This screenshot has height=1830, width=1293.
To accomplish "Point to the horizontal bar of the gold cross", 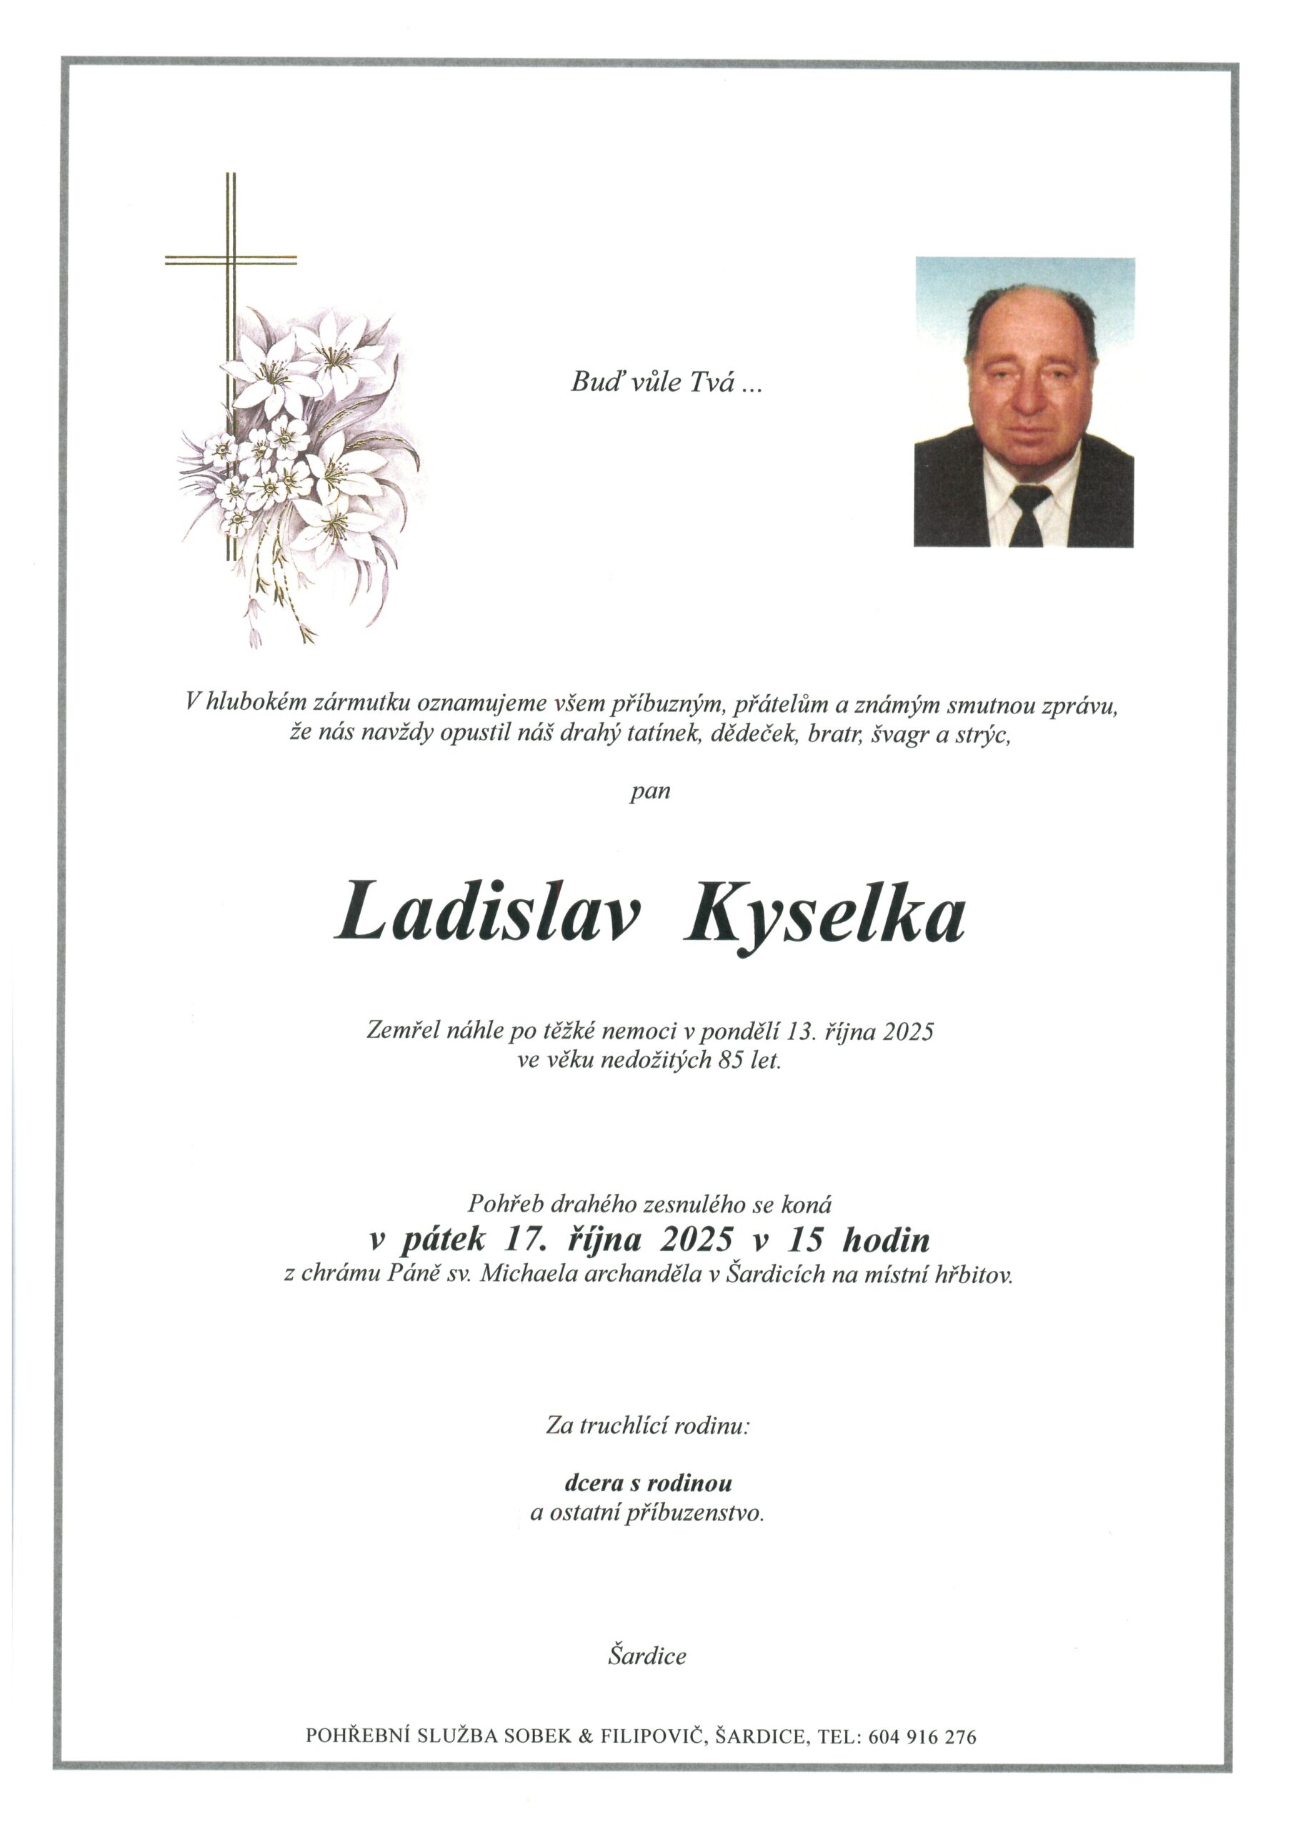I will click(230, 259).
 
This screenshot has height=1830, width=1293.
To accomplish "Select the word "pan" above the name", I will click(649, 792).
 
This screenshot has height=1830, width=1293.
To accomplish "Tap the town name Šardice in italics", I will click(647, 1657).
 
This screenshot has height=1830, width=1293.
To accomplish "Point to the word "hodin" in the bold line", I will click(886, 1240).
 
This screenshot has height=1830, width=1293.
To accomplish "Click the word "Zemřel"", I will click(403, 1032).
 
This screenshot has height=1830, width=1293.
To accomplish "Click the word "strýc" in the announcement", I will click(984, 734).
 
